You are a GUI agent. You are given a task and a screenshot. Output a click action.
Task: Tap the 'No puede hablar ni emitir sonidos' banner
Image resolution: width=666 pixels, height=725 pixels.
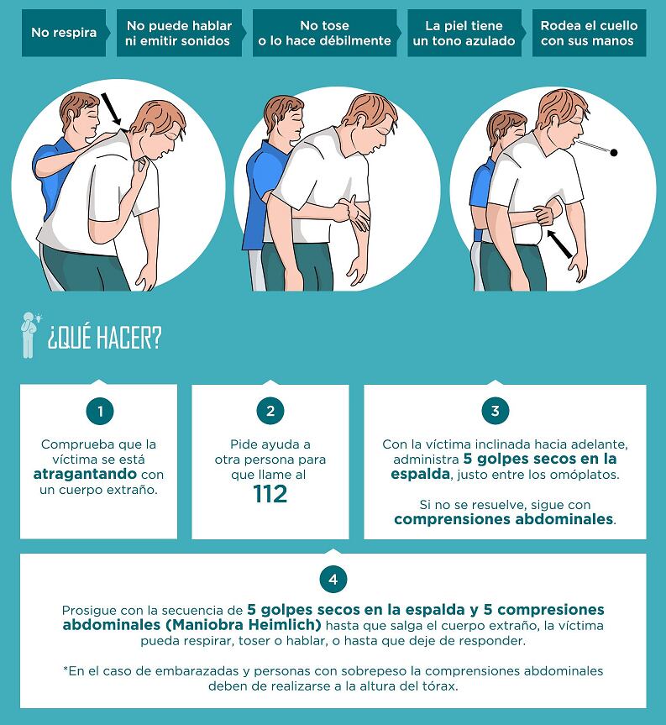click(x=179, y=33)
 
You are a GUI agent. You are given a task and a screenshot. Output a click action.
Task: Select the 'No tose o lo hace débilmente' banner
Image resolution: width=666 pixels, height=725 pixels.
click(x=325, y=33)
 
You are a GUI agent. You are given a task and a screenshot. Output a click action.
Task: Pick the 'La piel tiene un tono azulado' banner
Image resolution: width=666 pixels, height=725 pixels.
click(x=465, y=33)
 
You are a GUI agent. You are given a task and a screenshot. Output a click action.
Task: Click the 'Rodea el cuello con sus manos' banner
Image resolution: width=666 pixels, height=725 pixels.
click(x=589, y=33)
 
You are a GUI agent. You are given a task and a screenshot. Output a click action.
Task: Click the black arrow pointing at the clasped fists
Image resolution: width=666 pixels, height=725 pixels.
click(x=559, y=244)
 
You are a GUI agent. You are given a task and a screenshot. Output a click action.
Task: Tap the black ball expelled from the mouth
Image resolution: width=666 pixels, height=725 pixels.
click(x=614, y=152)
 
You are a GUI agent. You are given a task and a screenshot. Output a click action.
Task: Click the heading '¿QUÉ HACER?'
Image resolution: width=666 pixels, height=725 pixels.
click(x=104, y=337)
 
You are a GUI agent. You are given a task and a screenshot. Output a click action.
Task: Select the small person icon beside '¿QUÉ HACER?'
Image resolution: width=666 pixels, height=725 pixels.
click(x=30, y=335)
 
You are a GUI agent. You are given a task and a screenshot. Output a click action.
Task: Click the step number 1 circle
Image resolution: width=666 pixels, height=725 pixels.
click(x=100, y=411)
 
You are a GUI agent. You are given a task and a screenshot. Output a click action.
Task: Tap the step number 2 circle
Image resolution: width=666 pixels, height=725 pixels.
click(x=270, y=411)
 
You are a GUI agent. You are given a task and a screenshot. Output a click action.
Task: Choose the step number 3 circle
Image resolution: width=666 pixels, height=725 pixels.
click(x=495, y=411)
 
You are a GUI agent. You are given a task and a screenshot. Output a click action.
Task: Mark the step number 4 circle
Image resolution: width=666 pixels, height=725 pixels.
click(x=333, y=579)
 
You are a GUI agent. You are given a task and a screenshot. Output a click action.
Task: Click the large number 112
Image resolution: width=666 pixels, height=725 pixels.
click(x=270, y=494)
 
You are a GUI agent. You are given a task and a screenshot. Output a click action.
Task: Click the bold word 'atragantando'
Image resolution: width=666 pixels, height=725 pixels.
click(x=85, y=475)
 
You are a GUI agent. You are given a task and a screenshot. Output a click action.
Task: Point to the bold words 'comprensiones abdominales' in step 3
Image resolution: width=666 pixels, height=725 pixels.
click(x=504, y=519)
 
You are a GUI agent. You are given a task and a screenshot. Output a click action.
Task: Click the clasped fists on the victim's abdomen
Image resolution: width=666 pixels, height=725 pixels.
click(x=545, y=215)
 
